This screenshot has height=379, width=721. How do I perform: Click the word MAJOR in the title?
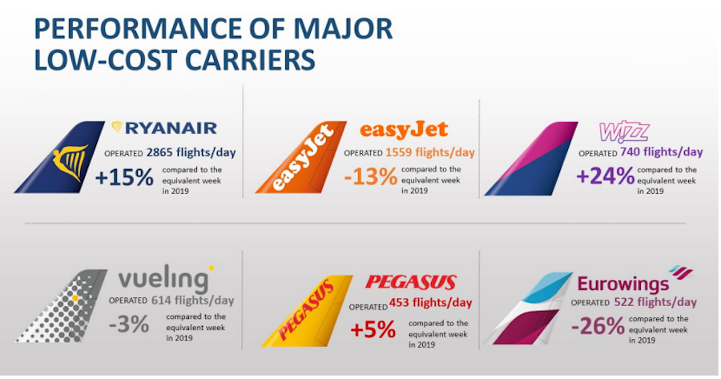click(x=343, y=29)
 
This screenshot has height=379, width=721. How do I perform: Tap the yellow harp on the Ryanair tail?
click(x=70, y=163)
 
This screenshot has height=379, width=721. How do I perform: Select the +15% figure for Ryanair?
click(x=124, y=178)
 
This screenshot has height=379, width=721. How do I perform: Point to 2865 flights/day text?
click(x=191, y=152)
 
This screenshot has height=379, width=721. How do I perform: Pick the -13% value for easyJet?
click(x=370, y=176)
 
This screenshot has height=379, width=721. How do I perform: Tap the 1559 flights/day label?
click(x=430, y=152)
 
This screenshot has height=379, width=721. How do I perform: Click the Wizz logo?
click(x=624, y=132)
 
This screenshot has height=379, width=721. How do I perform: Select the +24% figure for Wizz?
click(x=605, y=176)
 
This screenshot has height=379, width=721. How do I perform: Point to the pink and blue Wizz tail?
click(x=531, y=158)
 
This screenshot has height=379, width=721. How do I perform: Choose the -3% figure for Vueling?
click(x=129, y=325)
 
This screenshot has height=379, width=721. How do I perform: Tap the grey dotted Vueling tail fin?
click(x=61, y=306)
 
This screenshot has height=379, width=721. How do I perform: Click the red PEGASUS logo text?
click(x=411, y=282)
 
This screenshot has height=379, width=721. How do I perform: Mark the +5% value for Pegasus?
click(x=373, y=330)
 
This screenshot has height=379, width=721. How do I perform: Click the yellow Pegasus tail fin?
click(x=307, y=311)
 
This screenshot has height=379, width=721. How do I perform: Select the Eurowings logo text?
click(x=623, y=284)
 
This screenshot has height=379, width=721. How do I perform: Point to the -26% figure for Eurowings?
click(x=598, y=327)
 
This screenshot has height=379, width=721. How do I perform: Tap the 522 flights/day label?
click(x=655, y=302)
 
